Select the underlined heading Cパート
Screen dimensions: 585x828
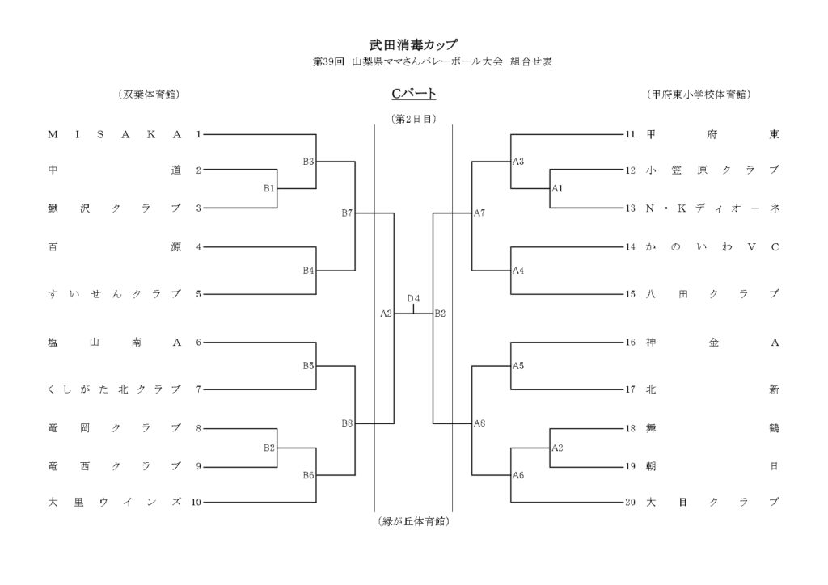(413, 95)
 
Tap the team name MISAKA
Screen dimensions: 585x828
(115, 134)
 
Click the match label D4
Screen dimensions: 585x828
(413, 299)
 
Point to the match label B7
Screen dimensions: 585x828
(347, 213)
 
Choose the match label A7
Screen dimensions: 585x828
(479, 213)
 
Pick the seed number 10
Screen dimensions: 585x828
(196, 503)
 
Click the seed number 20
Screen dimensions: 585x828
(631, 503)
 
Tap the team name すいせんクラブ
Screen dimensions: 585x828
(115, 294)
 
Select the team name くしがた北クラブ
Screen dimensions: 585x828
(115, 389)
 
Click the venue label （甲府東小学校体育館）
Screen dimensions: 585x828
(699, 95)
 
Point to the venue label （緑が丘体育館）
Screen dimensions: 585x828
(413, 522)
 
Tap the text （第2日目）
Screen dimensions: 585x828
(413, 118)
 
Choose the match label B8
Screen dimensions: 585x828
(347, 423)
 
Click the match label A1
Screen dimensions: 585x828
(556, 188)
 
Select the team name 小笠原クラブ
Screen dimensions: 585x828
(712, 170)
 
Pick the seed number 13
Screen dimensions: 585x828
(631, 208)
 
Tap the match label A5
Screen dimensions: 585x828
(518, 366)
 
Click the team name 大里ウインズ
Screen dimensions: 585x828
(115, 503)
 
